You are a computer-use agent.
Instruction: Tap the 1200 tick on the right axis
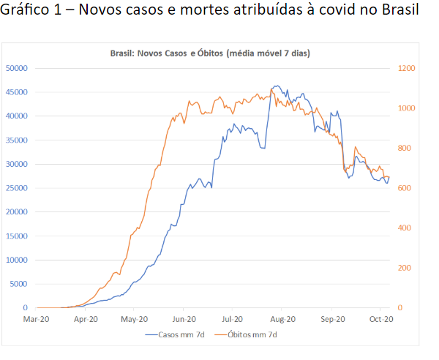[x=407, y=68]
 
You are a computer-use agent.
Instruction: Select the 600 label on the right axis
[x=405, y=188]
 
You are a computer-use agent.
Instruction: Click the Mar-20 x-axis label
[x=36, y=319]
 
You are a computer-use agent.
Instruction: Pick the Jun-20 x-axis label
[x=184, y=319]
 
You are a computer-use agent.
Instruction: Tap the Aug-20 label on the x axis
[x=282, y=319]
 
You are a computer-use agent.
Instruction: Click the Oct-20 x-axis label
[x=381, y=319]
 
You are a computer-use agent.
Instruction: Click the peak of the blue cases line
[x=275, y=86]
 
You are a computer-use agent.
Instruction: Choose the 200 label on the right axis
[x=405, y=268]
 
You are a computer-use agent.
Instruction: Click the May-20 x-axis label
[x=134, y=319]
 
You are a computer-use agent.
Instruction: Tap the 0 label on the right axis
[x=400, y=308]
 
